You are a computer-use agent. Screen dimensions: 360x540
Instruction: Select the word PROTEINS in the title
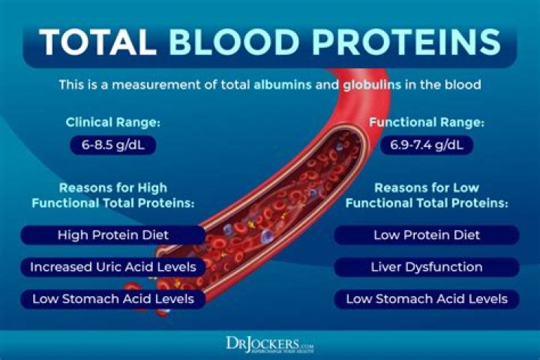point(400,43)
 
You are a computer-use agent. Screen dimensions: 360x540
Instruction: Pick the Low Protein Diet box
point(426,235)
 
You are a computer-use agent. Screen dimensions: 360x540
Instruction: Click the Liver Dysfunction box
point(426,267)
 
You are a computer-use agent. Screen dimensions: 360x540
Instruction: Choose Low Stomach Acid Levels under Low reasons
point(426,299)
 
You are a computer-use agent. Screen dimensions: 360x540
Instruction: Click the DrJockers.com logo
point(270,343)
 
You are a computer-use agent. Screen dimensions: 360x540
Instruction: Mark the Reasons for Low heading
point(426,194)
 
